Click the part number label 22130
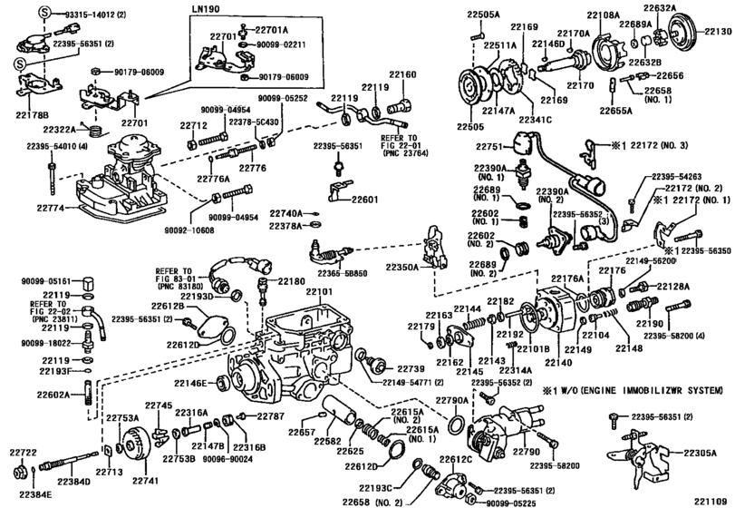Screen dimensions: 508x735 click(719, 31)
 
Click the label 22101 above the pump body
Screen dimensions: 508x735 click(318, 291)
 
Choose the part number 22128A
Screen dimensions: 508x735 click(699, 287)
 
